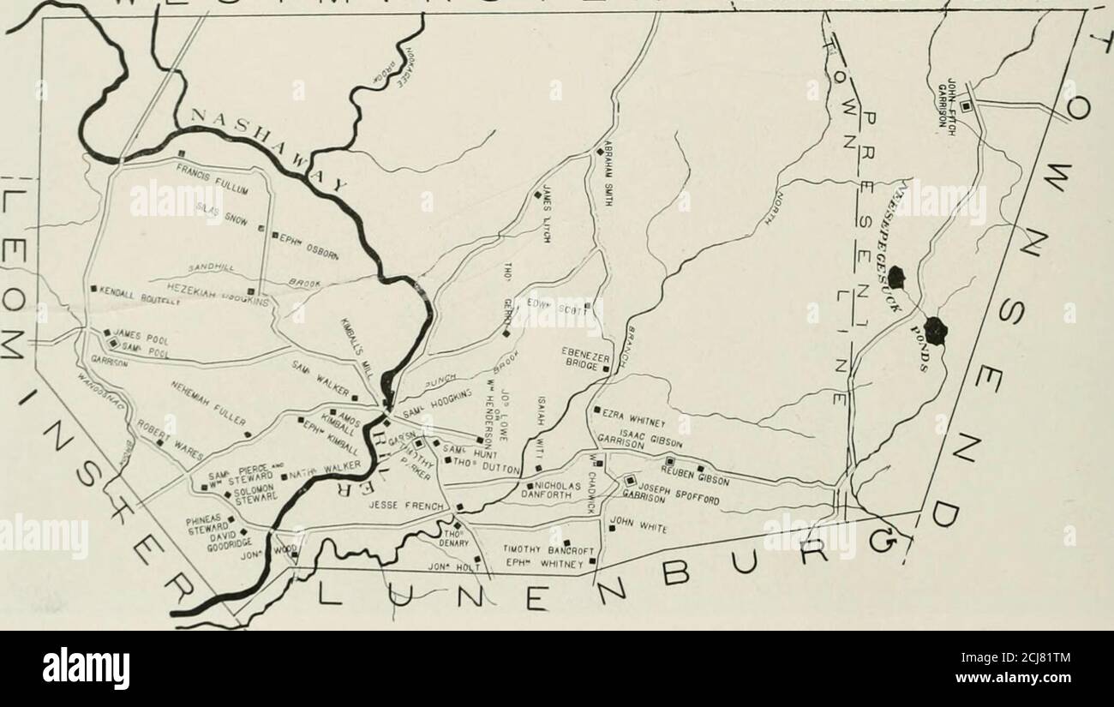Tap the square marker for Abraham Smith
click(x=600, y=152)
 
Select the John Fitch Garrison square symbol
click(x=965, y=106)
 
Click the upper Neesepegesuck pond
click(x=896, y=277)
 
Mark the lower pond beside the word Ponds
click(x=935, y=330)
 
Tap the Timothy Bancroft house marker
click(x=566, y=542)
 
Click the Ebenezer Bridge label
click(x=584, y=357)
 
